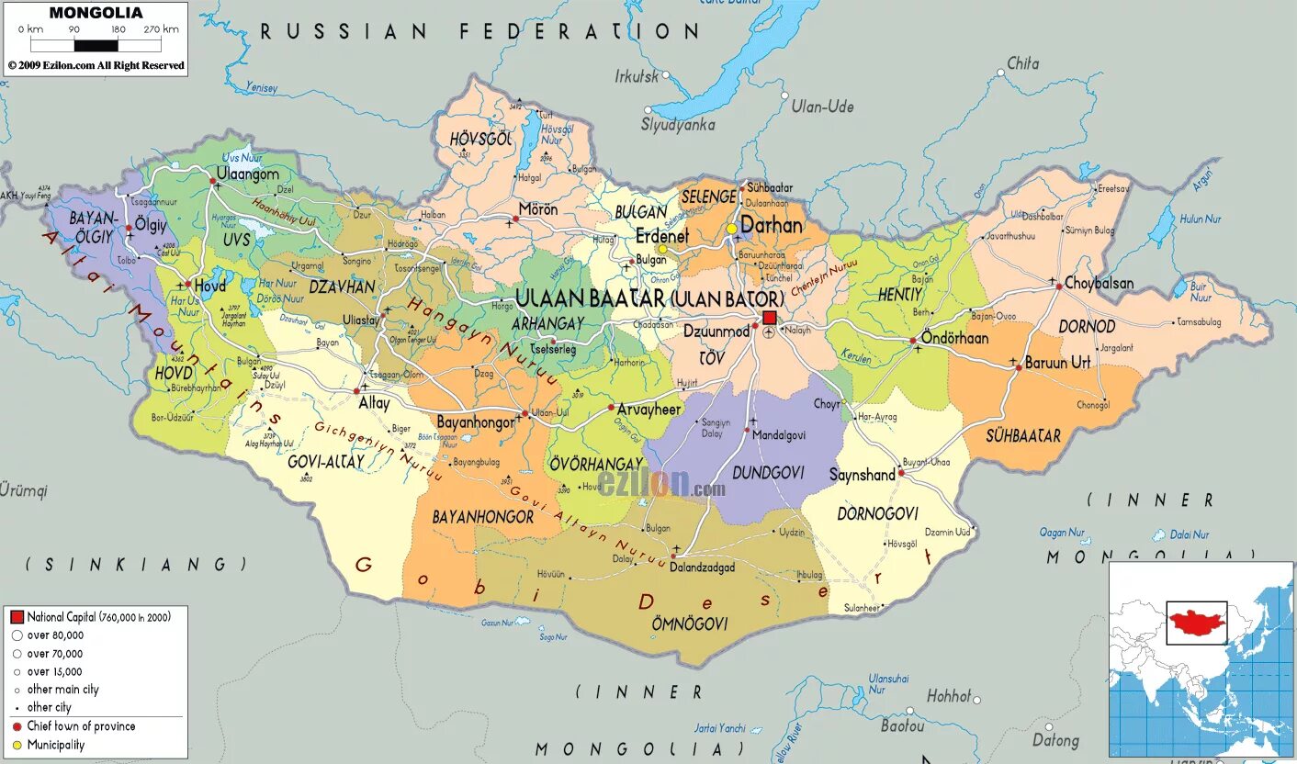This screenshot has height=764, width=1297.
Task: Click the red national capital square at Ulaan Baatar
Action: [770, 318]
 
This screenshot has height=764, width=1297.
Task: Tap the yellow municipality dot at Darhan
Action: [731, 229]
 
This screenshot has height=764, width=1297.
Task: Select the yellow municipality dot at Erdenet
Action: [661, 249]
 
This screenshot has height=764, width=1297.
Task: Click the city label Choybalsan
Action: [1099, 283]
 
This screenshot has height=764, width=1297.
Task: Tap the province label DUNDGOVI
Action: [768, 472]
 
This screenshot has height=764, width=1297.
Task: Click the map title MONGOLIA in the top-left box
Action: [96, 13]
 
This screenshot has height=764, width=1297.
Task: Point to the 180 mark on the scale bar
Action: [118, 29]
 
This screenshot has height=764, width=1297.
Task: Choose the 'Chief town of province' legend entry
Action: [81, 726]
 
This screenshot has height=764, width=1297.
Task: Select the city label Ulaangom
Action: [248, 174]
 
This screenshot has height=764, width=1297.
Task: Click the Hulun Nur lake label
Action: [1200, 219]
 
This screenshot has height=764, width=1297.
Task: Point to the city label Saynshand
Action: [862, 475]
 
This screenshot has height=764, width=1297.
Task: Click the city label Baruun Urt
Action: [1057, 362]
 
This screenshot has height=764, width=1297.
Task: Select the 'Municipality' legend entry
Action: [55, 745]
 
